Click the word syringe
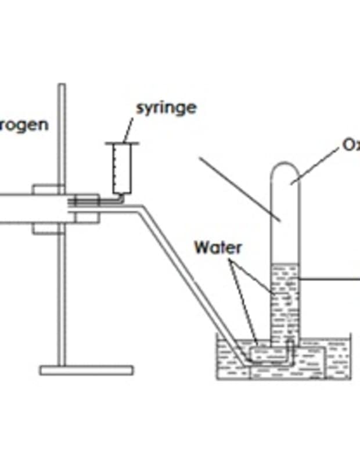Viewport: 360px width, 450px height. [166, 108]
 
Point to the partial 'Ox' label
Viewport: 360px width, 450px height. [351, 145]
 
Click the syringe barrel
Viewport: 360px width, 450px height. [123, 168]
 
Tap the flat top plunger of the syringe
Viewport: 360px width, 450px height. [123, 143]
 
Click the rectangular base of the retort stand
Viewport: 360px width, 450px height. [87, 370]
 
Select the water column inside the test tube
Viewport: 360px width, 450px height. [286, 302]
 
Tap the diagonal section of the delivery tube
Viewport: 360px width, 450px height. [192, 285]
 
